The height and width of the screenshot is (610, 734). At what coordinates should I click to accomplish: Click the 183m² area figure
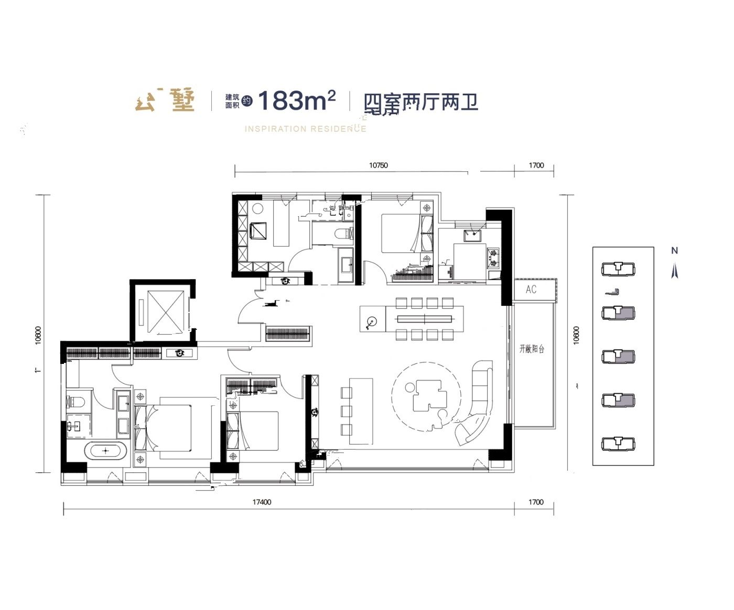point(297,101)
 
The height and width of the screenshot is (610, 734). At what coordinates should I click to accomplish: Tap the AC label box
point(531,290)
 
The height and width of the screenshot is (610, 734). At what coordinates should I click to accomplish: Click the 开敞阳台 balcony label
point(532,349)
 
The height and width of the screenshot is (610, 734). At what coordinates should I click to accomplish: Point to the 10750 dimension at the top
point(378,165)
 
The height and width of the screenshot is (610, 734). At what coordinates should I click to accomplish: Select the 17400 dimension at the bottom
point(262,502)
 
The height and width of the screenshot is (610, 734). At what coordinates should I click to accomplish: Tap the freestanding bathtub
point(106,450)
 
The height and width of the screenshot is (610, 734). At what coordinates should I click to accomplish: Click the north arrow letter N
point(674,251)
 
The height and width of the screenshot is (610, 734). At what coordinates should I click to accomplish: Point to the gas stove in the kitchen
point(494,257)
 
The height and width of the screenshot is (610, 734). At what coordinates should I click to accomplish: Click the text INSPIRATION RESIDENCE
point(305,129)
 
